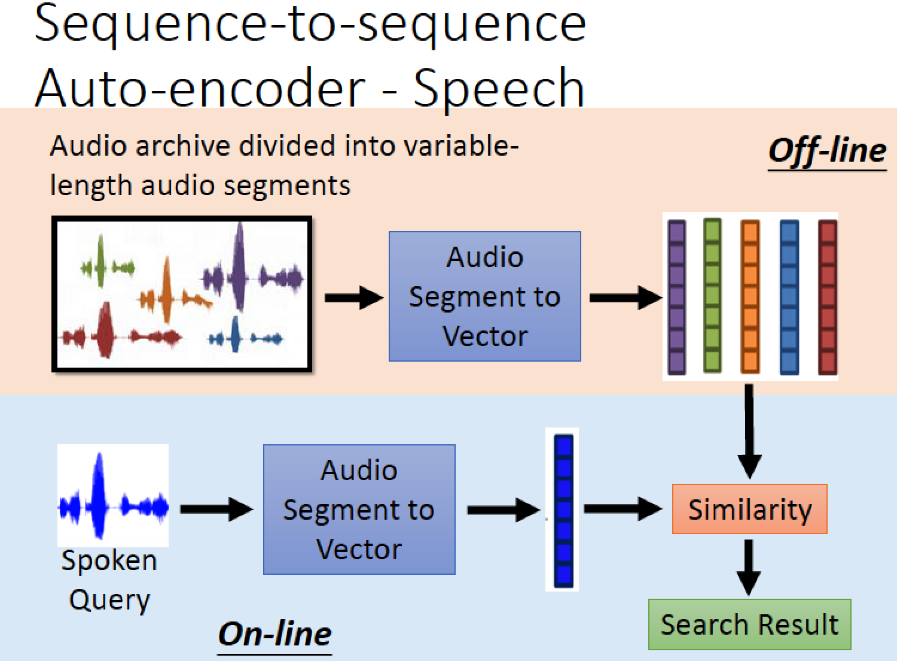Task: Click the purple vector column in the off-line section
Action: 677,297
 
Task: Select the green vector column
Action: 712,295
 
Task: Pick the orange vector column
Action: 750,296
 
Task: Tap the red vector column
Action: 828,297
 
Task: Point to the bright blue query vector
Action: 563,511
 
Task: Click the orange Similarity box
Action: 750,509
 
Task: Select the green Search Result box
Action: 750,624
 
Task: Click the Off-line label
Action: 827,151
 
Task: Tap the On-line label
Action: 274,635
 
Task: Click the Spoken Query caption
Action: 109,580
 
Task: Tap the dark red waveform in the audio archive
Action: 121,330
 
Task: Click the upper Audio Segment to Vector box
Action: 485,296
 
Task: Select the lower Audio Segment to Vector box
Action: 359,510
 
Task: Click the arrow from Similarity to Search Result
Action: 749,567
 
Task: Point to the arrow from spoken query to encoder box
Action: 216,509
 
